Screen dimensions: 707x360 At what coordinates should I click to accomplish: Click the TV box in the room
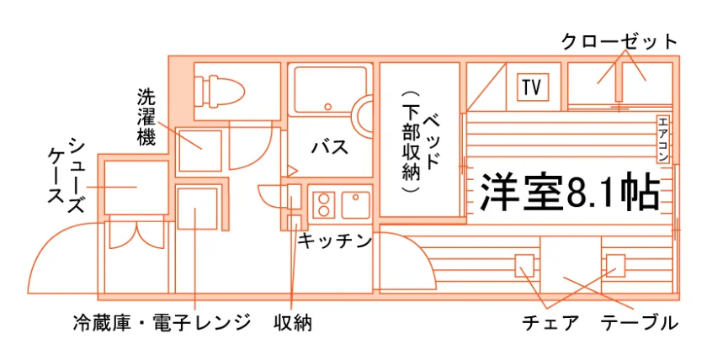point(533,87)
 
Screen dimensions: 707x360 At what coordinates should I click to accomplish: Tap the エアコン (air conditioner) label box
point(662,139)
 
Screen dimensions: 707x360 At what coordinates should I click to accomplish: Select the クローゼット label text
point(619,42)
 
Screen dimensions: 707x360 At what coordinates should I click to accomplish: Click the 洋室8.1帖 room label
point(570,193)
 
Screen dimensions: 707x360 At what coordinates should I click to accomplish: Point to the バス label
point(330,147)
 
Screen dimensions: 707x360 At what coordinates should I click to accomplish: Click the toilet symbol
point(220,92)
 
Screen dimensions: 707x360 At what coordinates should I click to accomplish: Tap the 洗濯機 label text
point(146,117)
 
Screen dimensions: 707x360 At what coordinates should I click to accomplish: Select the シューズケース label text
point(66,176)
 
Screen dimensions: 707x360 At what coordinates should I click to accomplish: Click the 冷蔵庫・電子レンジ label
point(162,323)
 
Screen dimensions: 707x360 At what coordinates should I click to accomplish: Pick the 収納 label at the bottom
point(293,323)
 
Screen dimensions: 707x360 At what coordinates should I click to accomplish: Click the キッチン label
point(334,241)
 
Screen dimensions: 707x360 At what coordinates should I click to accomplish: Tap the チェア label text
point(550,323)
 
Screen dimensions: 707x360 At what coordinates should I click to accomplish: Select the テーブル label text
point(640,323)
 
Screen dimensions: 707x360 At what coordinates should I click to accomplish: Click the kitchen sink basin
point(355,205)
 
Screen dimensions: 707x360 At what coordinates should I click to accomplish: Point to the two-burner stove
point(324,205)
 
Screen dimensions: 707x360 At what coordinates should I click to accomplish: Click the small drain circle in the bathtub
point(327,107)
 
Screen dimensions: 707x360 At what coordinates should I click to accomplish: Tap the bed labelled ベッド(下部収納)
point(420,140)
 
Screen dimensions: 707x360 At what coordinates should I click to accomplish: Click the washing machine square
point(200,151)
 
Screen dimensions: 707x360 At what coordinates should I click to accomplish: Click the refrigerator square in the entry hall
point(197,209)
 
